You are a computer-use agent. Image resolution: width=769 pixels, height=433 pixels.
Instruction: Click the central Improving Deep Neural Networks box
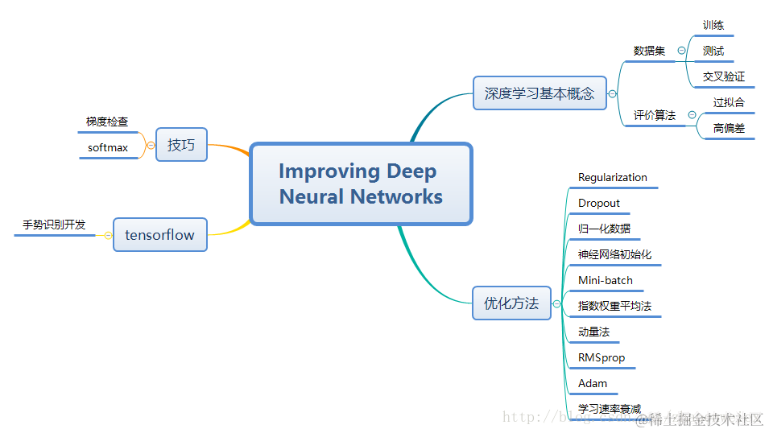[x=361, y=184]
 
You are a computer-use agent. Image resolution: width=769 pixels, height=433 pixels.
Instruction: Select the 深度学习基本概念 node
[x=539, y=93]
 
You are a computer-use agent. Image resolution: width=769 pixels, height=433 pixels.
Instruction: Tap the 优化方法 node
[x=511, y=303]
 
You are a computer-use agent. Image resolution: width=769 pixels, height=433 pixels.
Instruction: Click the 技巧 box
[x=181, y=145]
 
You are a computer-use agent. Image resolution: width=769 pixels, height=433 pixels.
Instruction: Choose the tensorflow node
[x=159, y=235]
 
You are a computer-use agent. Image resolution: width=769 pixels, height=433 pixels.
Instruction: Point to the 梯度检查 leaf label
[x=107, y=122]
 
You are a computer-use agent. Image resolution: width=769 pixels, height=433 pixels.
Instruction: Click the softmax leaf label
[x=108, y=148]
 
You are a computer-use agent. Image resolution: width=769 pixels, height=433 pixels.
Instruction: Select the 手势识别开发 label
[x=54, y=225]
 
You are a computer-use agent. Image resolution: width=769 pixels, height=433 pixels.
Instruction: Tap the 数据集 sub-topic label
[x=649, y=51]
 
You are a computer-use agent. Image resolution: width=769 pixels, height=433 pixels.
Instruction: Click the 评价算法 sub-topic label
[x=654, y=116]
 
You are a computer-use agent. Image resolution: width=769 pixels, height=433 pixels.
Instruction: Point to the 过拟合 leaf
[x=729, y=103]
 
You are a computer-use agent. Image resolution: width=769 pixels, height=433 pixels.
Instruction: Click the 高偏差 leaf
[x=729, y=129]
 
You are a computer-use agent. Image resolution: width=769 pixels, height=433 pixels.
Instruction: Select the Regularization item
[x=612, y=178]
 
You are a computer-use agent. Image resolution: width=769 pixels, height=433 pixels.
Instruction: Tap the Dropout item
[x=599, y=204]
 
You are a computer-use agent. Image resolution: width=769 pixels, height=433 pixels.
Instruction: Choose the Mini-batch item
[x=606, y=281]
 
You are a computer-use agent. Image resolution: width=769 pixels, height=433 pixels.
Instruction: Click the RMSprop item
[x=602, y=358]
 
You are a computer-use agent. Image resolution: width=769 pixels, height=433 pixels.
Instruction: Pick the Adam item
[x=593, y=384]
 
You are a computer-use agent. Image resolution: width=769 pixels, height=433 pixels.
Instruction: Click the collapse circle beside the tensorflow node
[x=107, y=235]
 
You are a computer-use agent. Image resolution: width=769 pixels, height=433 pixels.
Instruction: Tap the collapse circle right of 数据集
[x=681, y=51]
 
